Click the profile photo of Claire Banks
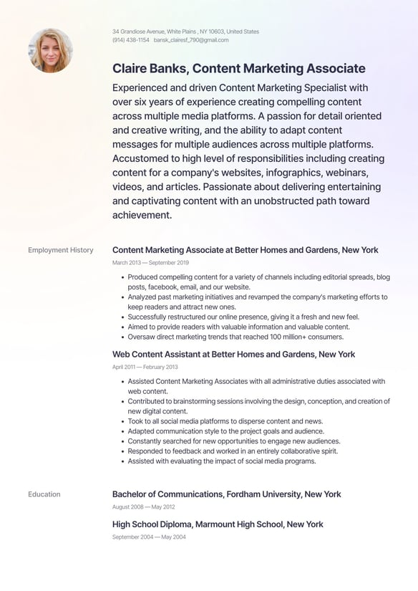50,50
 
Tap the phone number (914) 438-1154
130,40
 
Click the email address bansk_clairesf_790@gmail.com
191,40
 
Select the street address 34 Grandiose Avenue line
185,32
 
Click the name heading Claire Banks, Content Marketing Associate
238,69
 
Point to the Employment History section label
61,250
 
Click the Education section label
44,494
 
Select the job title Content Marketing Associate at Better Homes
245,250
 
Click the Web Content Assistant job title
233,354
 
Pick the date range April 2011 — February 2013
145,367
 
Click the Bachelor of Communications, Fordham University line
226,494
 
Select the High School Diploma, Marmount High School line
218,524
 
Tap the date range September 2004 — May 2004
149,537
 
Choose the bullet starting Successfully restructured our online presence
243,317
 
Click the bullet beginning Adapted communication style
225,431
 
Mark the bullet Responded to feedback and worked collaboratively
233,451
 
